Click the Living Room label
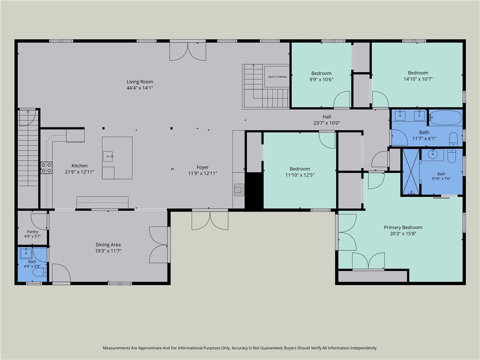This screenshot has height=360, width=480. tap(140, 82)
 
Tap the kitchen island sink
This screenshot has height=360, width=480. tap(107, 156)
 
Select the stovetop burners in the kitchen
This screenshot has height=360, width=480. tap(46, 168)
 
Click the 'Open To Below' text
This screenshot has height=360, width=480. tap(277, 77)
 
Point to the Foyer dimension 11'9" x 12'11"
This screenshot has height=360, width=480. tap(202, 173)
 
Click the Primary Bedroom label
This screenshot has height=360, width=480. tap(403, 227)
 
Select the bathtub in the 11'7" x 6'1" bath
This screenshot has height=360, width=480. tap(445, 118)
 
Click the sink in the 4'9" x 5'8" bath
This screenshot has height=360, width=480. tap(26, 253)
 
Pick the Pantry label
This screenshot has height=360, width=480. tap(32, 232)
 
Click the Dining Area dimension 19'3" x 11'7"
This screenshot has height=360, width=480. tap(108, 251)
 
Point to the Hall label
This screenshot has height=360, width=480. tap(327, 117)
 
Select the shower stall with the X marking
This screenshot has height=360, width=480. tap(411, 172)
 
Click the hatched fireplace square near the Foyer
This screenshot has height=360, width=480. tap(239, 190)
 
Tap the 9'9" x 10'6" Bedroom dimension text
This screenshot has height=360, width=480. tap(321, 79)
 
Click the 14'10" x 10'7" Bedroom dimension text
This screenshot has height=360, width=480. tap(418, 79)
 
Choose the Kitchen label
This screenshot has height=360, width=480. tap(80, 165)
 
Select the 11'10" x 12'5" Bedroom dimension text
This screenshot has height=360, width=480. tap(300, 175)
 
